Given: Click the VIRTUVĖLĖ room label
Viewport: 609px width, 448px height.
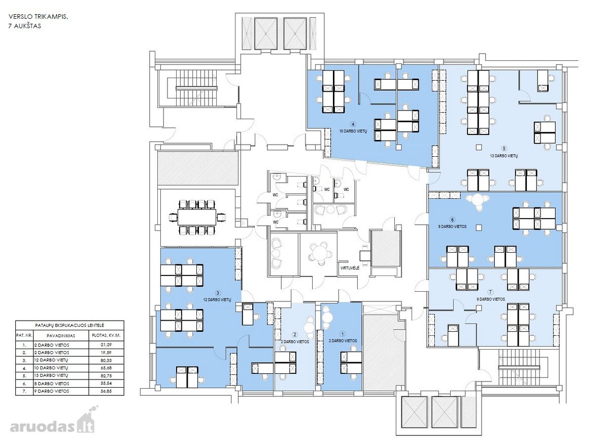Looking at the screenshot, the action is (350, 268).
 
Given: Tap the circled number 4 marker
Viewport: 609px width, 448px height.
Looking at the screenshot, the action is (353, 124).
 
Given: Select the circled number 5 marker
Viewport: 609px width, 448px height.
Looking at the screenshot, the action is (504, 149).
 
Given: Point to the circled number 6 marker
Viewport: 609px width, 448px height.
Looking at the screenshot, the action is (452, 220).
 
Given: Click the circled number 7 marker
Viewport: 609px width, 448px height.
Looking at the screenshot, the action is (490, 292).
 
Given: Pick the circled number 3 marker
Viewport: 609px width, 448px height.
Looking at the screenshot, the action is (218, 293).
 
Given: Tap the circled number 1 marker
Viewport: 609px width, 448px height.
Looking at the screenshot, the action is (343, 334).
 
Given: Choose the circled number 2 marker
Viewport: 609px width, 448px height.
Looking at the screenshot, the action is (295, 335).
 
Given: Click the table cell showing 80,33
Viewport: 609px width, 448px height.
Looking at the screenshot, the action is (106, 360).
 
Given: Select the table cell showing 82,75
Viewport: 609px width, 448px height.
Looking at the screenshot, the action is (106, 376).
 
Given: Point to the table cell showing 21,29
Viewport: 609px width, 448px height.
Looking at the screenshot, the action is (106, 344).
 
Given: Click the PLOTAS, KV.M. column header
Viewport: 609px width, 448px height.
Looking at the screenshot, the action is (106, 335).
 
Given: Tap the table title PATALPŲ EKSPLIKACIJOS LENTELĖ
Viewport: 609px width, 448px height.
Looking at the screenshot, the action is (70, 325).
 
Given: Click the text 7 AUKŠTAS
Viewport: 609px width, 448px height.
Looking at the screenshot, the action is (25, 26).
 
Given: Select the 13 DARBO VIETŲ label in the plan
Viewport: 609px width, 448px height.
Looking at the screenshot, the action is (504, 156).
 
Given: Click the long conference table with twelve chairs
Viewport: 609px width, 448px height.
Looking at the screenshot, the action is (196, 218).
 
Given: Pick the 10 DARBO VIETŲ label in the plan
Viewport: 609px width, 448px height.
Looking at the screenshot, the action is (353, 131).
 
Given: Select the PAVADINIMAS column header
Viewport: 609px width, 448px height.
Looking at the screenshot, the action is (60, 336).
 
